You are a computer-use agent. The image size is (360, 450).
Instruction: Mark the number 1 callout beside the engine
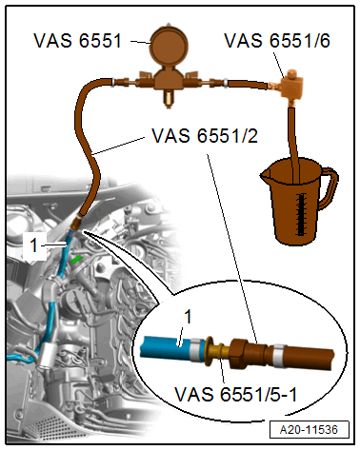tap(33, 245)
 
